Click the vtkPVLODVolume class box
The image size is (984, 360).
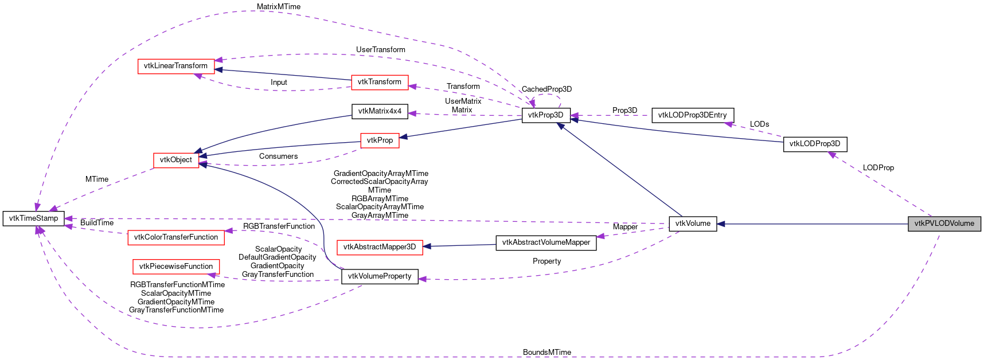(944, 224)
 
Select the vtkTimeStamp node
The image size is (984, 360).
(33, 218)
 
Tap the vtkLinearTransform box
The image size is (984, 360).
(175, 66)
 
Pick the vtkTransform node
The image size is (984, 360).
(380, 82)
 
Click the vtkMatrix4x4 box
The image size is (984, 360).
(380, 111)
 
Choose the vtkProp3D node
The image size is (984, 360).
(545, 115)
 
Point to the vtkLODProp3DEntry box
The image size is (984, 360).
(692, 115)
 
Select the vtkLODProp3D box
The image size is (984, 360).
(814, 144)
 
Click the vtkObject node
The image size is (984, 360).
(176, 160)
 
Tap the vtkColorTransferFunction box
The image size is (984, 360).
(176, 237)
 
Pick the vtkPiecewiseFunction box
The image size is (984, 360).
(176, 267)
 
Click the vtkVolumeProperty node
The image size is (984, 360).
(380, 276)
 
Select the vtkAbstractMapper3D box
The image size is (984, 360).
(380, 247)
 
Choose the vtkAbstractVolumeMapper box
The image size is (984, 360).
(546, 242)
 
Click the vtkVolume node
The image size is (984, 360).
(693, 224)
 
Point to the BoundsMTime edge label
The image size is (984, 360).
(546, 352)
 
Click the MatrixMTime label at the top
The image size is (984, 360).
(278, 6)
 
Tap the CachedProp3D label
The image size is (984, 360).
(546, 89)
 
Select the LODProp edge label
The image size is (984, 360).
(878, 167)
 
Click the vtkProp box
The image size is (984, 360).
(380, 140)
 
